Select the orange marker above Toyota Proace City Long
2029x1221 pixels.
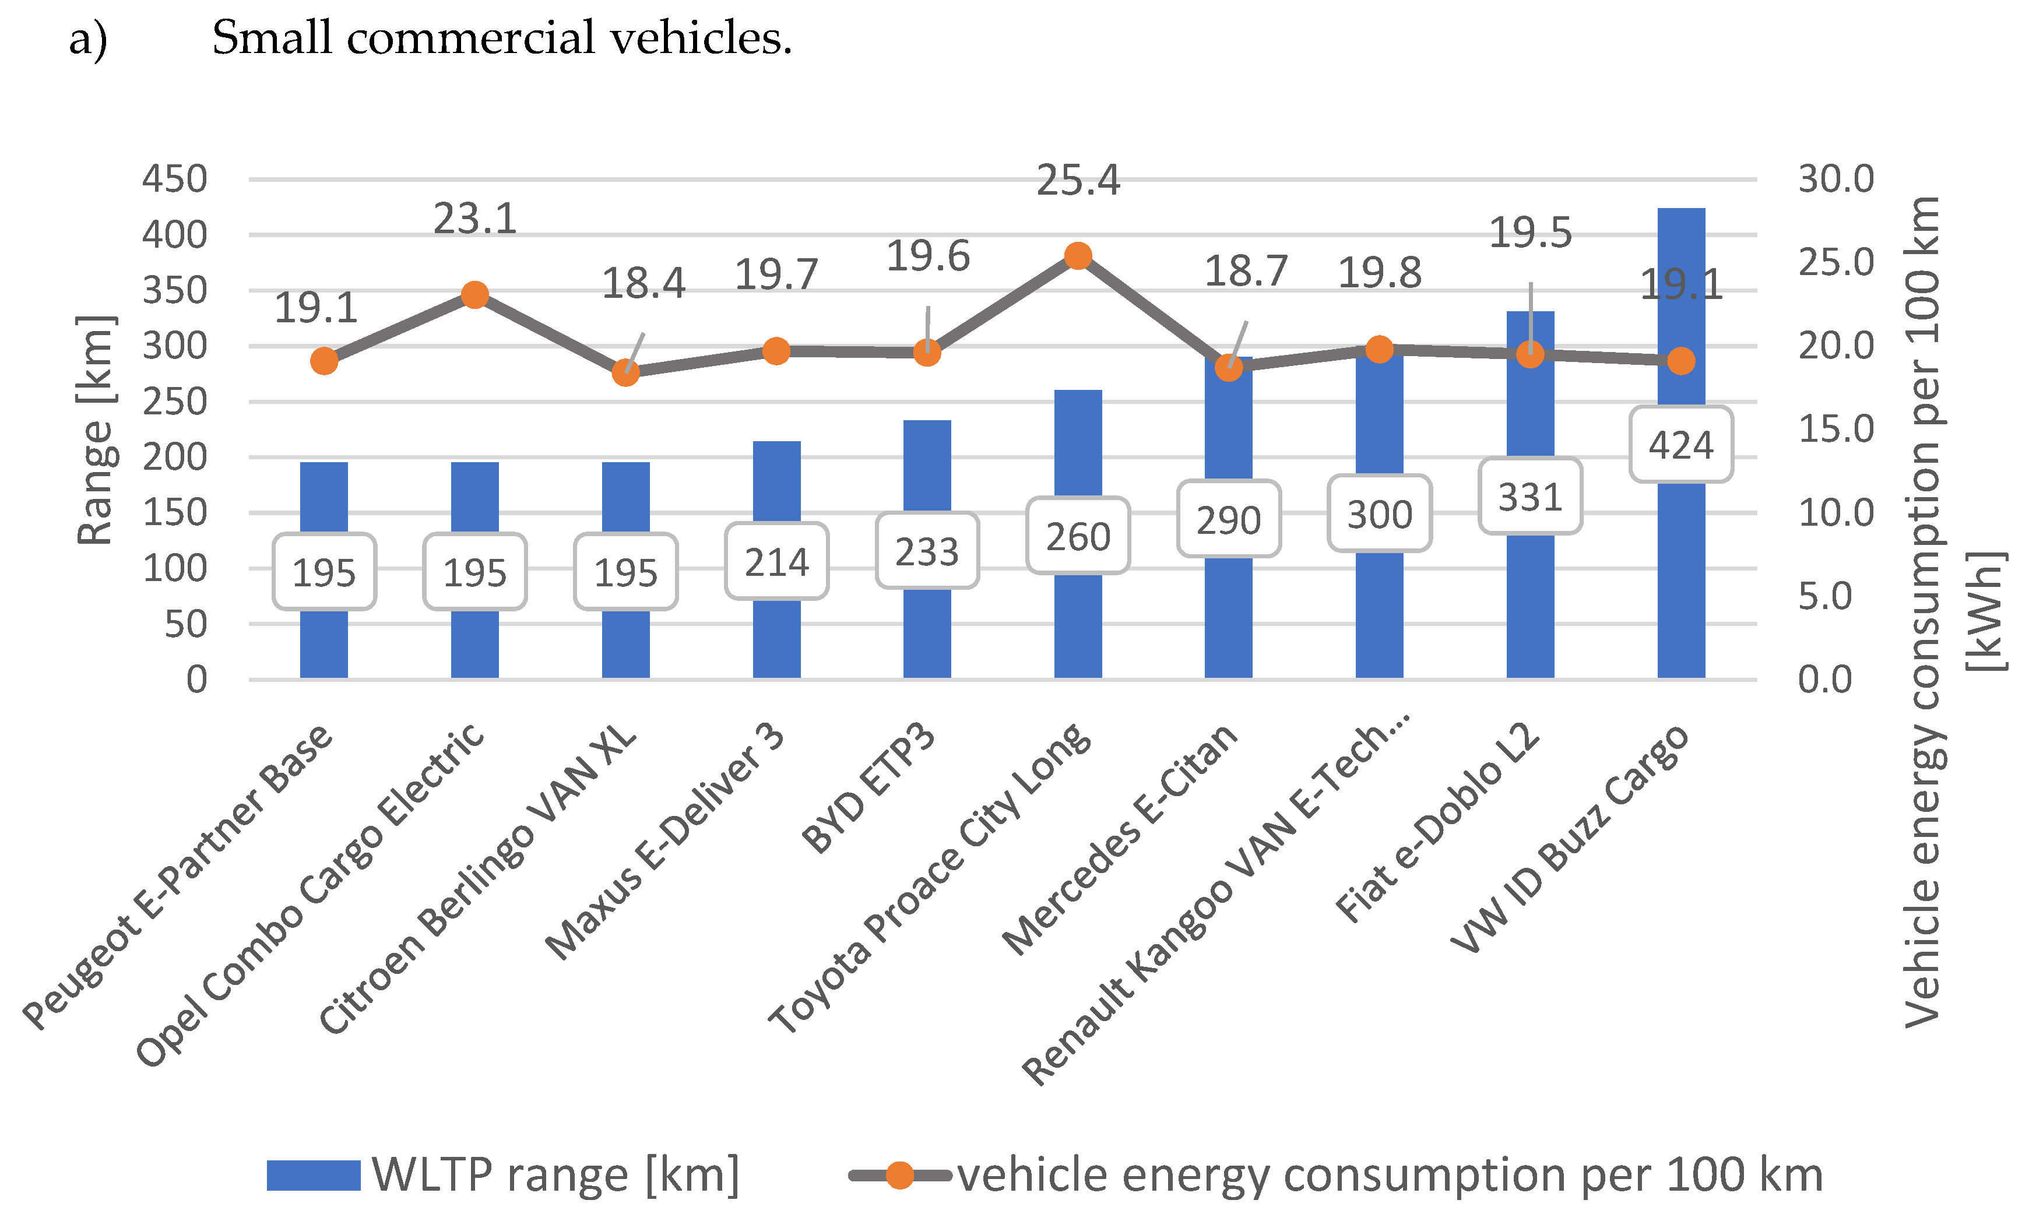tap(1078, 256)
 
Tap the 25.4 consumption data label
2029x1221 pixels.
tap(1078, 180)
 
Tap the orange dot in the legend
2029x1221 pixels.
tap(900, 1175)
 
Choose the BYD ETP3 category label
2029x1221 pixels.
tap(869, 787)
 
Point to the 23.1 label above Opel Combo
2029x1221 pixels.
tap(474, 219)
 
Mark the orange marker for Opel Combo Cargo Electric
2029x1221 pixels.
tap(474, 294)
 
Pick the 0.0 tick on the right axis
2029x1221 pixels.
tap(1825, 680)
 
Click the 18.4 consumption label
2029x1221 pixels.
tap(643, 284)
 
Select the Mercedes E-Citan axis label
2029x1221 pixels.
tap(1120, 839)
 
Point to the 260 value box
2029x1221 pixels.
tap(1078, 536)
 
